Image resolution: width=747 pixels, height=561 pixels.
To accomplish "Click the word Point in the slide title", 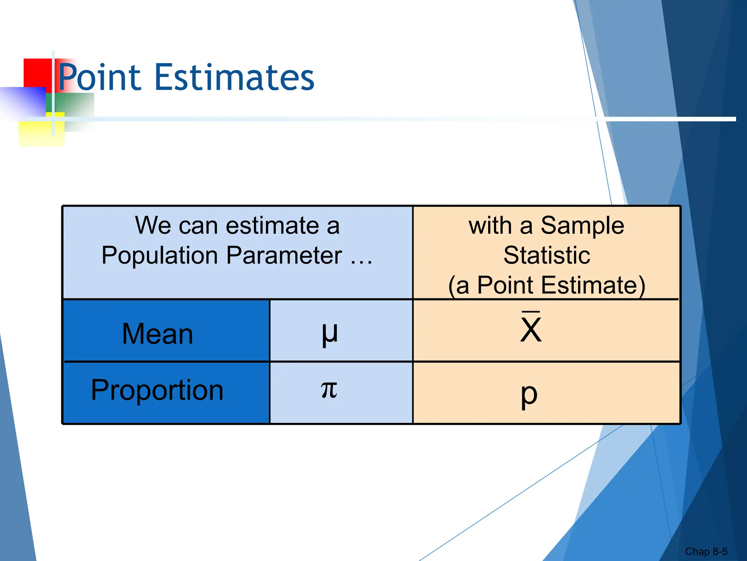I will (x=99, y=77).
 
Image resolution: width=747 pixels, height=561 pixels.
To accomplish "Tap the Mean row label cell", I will (x=158, y=334).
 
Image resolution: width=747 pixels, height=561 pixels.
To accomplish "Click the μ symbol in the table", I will (x=330, y=333).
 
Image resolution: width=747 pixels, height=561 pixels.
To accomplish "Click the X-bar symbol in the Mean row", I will (x=531, y=329).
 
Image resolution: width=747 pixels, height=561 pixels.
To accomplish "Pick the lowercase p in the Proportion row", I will (x=529, y=394).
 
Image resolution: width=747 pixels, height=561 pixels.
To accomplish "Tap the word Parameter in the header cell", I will (x=284, y=255).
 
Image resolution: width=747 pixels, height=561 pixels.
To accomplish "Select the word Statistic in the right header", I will (x=546, y=255).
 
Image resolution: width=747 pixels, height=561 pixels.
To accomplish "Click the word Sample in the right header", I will (x=582, y=226).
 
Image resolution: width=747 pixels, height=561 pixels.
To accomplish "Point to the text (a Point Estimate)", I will (x=546, y=285).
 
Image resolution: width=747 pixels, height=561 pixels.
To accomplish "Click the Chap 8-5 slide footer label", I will (x=706, y=551).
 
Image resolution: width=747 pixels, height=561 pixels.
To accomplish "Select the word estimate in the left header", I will (x=272, y=225).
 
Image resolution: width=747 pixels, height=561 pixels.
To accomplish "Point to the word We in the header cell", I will (x=153, y=225).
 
